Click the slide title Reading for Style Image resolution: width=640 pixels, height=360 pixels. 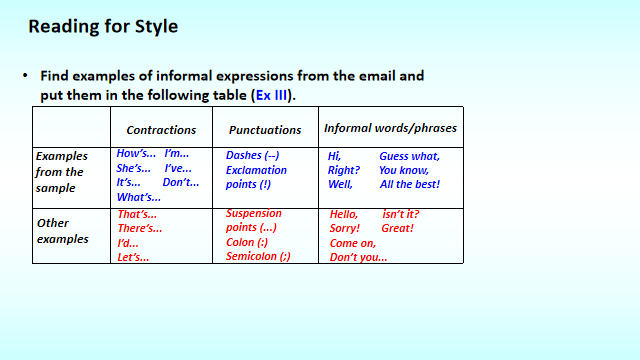[x=103, y=27]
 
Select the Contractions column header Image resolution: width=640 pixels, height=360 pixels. [x=161, y=130]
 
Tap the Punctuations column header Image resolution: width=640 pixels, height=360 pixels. [x=265, y=130]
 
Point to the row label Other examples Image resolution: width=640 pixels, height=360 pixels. [x=61, y=231]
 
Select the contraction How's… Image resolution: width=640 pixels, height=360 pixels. [x=136, y=154]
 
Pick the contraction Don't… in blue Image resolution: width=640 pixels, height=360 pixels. [x=181, y=182]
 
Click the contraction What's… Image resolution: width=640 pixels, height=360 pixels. [x=139, y=197]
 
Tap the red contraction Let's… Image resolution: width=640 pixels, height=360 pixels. [x=134, y=257]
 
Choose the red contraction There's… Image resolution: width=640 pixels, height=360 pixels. [x=140, y=228]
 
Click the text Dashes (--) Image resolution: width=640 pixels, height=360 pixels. [x=253, y=155]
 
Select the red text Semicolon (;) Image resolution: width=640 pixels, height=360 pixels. [x=258, y=256]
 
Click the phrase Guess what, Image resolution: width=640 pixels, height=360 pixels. [x=409, y=156]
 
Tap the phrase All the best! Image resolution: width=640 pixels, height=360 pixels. [x=409, y=184]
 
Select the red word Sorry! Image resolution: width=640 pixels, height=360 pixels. [x=345, y=228]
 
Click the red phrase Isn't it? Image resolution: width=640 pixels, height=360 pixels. [x=401, y=214]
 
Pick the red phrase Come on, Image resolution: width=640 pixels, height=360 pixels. [x=352, y=243]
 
